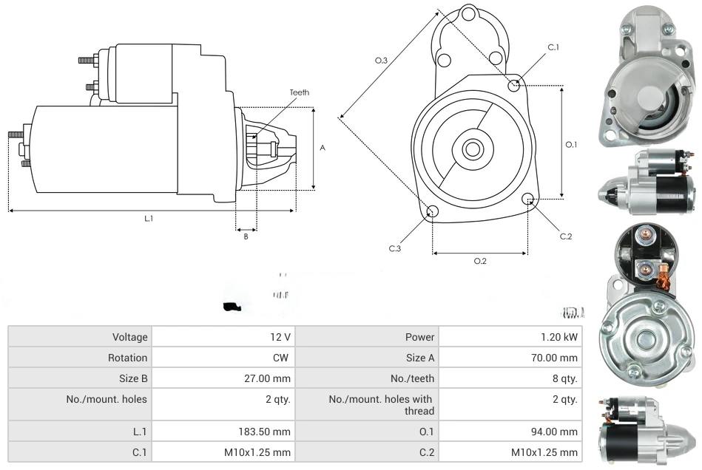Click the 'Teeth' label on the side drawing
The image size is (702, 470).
click(x=299, y=92)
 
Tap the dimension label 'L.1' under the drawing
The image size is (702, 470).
click(x=148, y=218)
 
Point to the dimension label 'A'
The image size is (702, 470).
click(x=323, y=148)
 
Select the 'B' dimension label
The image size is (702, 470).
click(x=246, y=236)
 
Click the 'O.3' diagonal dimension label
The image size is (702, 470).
click(x=381, y=61)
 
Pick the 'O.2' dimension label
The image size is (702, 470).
click(x=479, y=261)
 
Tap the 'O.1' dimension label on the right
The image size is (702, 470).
click(x=571, y=145)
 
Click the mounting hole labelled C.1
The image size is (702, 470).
click(x=514, y=85)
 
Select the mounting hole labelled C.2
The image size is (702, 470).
click(x=528, y=199)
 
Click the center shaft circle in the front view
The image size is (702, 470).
click(x=471, y=149)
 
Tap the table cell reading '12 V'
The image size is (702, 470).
click(x=280, y=337)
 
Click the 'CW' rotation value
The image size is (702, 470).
click(x=283, y=358)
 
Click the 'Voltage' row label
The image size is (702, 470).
click(x=129, y=337)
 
